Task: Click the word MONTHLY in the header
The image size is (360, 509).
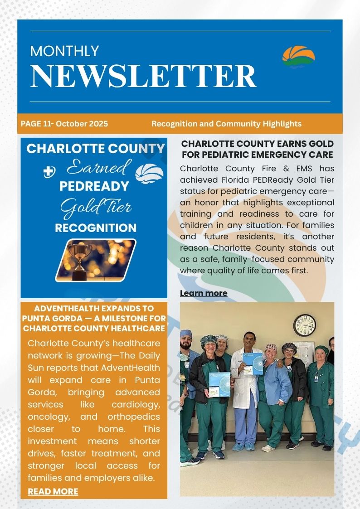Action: [x=64, y=51]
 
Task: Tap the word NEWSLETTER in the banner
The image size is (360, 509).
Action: [x=143, y=76]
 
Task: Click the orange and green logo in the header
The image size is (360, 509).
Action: [x=298, y=57]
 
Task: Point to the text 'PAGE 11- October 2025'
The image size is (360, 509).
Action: [x=64, y=124]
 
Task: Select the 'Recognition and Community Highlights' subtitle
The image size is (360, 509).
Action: [x=226, y=124]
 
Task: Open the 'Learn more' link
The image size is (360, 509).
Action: [x=204, y=293]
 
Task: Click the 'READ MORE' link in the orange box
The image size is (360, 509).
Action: [x=53, y=491]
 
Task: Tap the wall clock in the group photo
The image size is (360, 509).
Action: [x=304, y=325]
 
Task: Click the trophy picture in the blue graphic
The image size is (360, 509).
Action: [x=96, y=259]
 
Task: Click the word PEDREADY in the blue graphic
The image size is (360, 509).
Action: [x=94, y=187]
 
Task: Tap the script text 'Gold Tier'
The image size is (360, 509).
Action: [x=96, y=208]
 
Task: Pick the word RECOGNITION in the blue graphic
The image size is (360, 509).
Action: [x=95, y=228]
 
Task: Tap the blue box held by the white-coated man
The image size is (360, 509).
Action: [x=252, y=364]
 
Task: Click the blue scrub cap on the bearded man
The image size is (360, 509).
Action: [x=186, y=334]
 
